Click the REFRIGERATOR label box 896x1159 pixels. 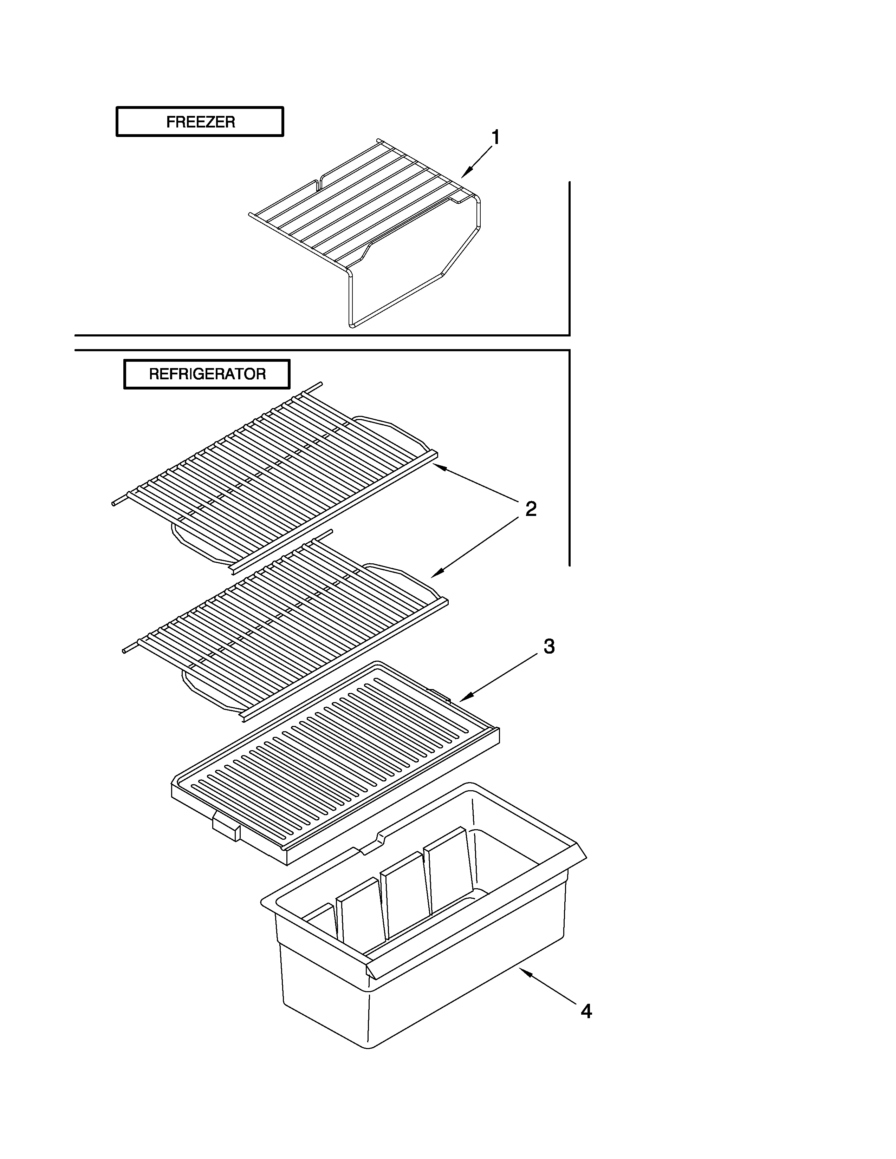point(207,374)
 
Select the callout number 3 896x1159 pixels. point(549,646)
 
